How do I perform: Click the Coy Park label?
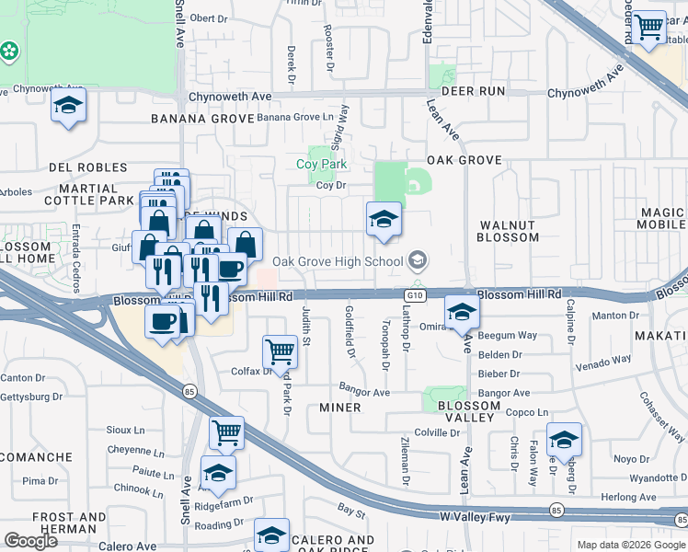coord(321,165)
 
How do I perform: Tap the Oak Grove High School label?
coord(338,261)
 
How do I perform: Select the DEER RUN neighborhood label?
coord(474,91)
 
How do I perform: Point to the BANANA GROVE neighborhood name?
coord(201,119)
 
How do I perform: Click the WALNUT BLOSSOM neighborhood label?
coord(508,231)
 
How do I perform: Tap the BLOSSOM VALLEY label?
coord(469,412)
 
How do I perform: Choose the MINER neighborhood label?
coord(340,407)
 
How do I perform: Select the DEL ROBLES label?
coord(88,167)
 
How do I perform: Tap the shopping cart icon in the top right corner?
coord(650,28)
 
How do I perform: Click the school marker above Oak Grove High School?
coord(384,219)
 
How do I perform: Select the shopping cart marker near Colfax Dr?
coord(280,350)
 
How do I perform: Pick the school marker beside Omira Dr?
coord(462,311)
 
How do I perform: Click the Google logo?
coord(30,540)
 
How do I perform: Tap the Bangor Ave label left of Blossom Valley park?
coord(364,393)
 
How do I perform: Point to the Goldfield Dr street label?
coord(350,331)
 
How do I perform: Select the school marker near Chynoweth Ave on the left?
coord(69,105)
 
